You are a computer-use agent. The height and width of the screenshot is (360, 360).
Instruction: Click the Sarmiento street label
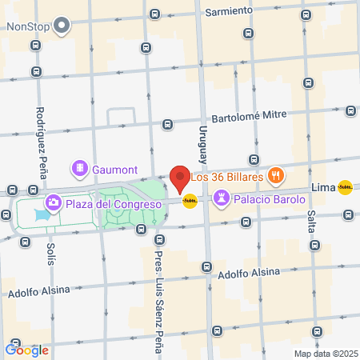229,13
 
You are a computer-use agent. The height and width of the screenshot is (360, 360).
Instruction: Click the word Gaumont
115,170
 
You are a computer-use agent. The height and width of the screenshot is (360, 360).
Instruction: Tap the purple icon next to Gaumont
80,169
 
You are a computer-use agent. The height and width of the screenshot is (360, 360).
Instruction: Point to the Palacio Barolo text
270,198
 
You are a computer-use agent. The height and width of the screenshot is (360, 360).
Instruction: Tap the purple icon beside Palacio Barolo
221,198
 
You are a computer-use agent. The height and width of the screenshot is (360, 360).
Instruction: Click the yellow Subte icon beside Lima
345,187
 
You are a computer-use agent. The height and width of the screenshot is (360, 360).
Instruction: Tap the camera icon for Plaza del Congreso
53,202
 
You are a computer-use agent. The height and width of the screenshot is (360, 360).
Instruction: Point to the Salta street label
310,211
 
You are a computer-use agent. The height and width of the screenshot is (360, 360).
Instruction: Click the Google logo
26,350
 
